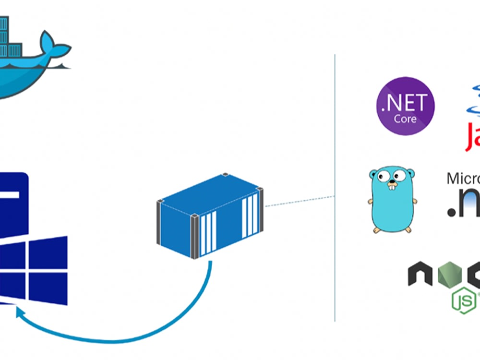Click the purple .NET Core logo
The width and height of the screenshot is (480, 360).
click(405, 106)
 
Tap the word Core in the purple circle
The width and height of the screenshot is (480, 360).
click(405, 118)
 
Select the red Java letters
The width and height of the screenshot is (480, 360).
click(472, 137)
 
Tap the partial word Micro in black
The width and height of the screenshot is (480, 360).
click(463, 179)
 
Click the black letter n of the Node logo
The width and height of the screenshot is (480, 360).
click(420, 274)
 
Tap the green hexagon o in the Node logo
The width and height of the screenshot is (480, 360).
click(450, 274)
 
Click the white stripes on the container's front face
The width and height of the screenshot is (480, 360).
click(208, 233)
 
